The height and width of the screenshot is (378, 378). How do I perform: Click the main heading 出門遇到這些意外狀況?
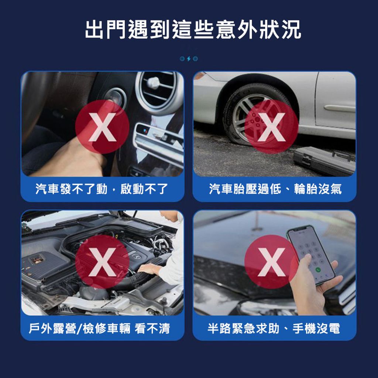[193, 30]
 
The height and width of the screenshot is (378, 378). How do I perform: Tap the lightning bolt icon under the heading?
[189, 59]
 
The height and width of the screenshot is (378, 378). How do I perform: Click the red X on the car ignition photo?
[102, 127]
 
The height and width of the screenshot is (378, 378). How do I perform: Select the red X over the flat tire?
[271, 127]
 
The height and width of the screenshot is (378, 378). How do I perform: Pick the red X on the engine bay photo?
[102, 262]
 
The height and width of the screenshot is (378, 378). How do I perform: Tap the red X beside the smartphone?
[271, 262]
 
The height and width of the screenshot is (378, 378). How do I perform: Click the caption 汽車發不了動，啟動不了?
[102, 189]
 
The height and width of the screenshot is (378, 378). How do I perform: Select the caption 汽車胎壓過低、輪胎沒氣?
[275, 189]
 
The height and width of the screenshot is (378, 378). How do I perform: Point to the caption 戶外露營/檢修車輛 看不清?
[99, 328]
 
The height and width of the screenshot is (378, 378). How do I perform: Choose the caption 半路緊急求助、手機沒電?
[274, 328]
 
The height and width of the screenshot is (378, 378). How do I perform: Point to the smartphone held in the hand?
[311, 255]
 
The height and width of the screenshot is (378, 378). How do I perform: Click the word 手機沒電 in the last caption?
[316, 328]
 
